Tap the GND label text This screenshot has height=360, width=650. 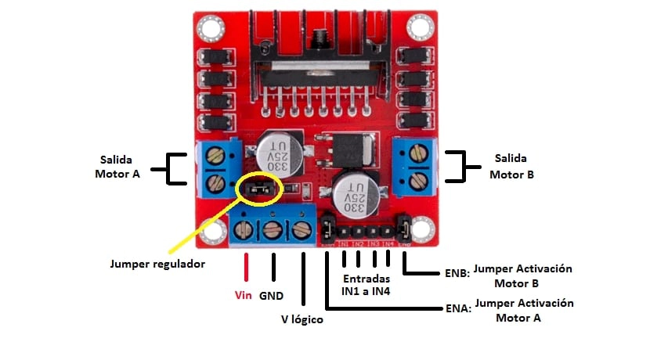pyautogui.click(x=271, y=297)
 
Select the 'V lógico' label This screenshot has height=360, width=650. pyautogui.click(x=302, y=319)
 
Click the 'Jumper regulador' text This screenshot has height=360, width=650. pyautogui.click(x=157, y=264)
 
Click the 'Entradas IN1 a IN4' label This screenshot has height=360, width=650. pyautogui.click(x=366, y=285)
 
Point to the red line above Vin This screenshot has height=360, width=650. pyautogui.click(x=247, y=266)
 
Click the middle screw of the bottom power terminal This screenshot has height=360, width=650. pyautogui.click(x=272, y=232)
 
